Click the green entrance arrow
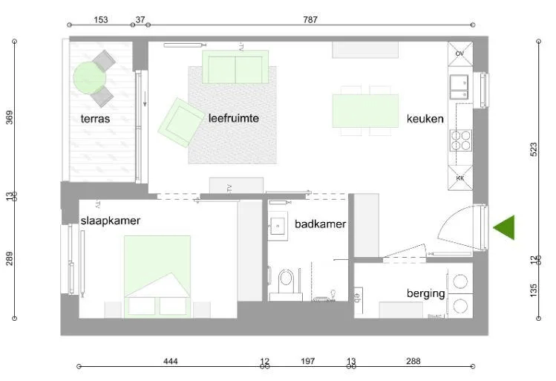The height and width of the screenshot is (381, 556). tap(506, 227)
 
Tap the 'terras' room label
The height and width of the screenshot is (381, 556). tap(96, 118)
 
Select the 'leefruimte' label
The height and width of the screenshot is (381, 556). tap(234, 117)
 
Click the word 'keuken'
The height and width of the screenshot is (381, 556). tap(425, 119)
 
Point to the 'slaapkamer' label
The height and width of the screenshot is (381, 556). tap(111, 221)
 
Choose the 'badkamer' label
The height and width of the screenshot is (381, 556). tap(320, 224)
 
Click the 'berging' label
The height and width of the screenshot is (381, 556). tap(425, 293)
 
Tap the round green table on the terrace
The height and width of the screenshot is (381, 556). tap(89, 76)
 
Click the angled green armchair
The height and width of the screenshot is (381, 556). tap(177, 122)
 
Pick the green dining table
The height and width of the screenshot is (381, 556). tap(365, 111)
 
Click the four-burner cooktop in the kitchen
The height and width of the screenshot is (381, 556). tap(460, 140)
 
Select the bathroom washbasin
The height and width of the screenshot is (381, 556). tap(279, 225)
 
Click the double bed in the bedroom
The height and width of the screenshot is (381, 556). tap(157, 275)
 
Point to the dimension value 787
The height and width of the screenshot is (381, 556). tap(310, 20)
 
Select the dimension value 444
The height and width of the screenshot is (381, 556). tap(171, 362)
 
